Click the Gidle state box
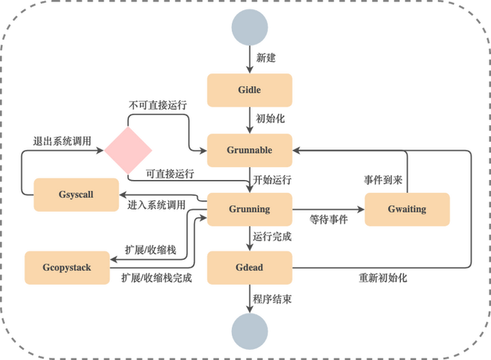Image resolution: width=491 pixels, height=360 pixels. click(x=249, y=90)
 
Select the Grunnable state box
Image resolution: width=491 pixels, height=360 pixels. click(x=249, y=150)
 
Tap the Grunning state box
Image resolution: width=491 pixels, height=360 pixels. click(x=249, y=210)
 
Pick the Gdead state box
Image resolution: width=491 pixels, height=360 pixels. click(x=249, y=268)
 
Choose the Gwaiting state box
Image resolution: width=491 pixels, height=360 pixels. click(x=407, y=210)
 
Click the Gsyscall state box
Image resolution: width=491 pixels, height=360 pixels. click(x=76, y=194)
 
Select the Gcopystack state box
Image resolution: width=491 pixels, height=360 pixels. click(x=67, y=268)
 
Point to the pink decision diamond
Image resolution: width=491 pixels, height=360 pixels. click(x=128, y=150)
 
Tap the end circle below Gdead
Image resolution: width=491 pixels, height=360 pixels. click(x=249, y=333)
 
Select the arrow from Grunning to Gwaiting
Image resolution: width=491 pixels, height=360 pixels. click(x=328, y=210)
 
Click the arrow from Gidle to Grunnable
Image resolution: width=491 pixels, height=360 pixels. click(x=249, y=120)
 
